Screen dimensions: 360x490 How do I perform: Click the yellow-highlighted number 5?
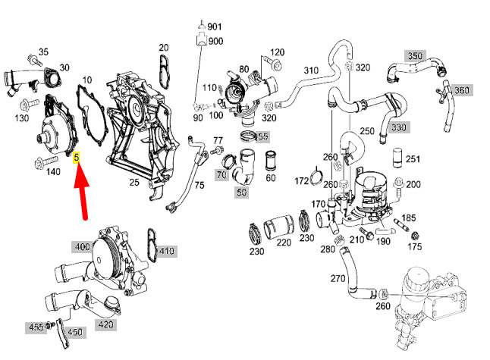(x=76, y=158)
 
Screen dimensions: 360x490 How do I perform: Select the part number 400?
(x=82, y=246)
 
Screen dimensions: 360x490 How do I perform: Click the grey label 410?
(x=166, y=250)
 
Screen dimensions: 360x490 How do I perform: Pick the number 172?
(x=302, y=180)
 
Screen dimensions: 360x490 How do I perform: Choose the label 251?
(x=413, y=160)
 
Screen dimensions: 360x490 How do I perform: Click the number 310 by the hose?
(x=311, y=70)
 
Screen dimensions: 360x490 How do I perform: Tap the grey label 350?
(x=414, y=56)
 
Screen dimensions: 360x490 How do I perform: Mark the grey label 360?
(x=461, y=90)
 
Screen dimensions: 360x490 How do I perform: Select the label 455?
(x=36, y=327)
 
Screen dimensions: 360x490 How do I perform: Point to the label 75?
(x=199, y=184)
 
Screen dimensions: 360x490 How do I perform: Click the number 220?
(x=283, y=243)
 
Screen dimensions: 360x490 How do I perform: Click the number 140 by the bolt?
(x=53, y=172)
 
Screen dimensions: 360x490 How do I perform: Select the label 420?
(x=105, y=325)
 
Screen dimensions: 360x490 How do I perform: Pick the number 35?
(x=43, y=52)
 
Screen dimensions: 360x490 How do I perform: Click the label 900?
(x=215, y=41)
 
